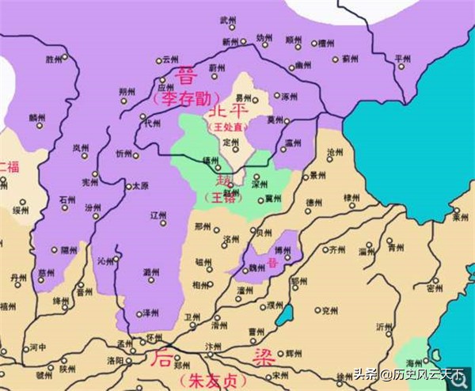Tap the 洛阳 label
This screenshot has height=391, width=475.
pos(113,360)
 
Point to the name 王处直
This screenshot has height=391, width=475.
pos(226,126)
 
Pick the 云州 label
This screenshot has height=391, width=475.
pos(171,59)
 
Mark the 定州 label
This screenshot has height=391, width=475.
pos(230,142)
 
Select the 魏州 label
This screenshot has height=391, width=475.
pos(256,268)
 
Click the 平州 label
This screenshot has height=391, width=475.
pos(404,59)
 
